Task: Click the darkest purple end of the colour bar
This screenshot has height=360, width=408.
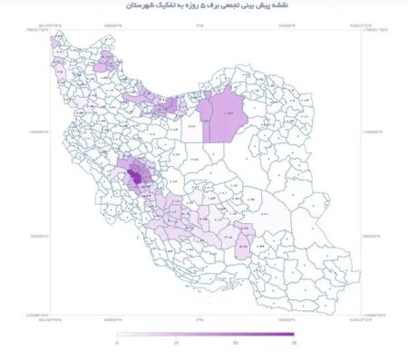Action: pos(291,335)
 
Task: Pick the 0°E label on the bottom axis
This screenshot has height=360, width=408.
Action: pos(199,319)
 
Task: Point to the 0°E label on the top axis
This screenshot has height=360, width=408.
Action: pos(199,24)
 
